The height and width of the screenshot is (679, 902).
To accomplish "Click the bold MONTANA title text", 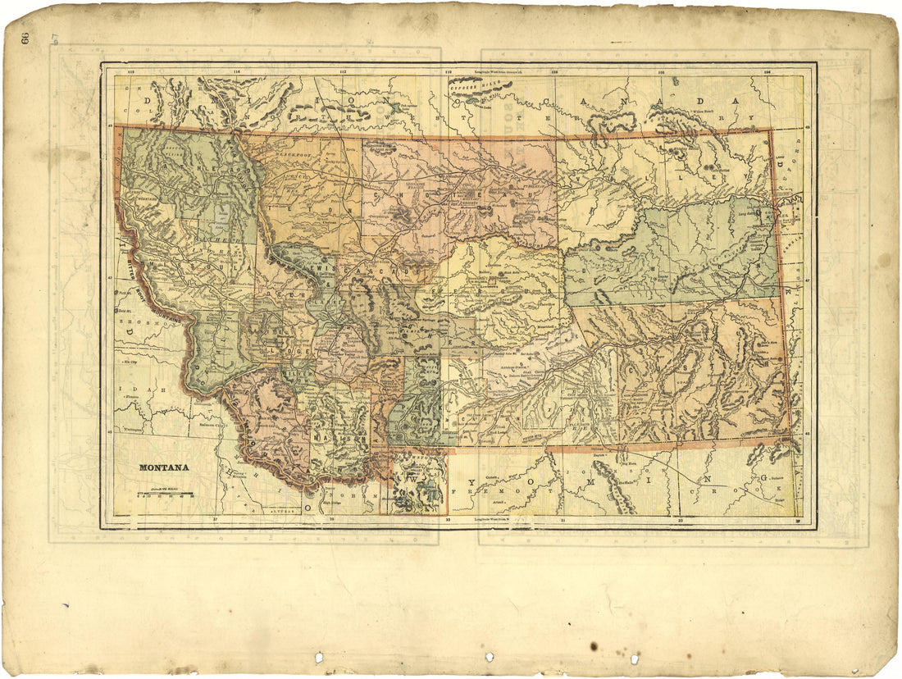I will pyautogui.click(x=164, y=467).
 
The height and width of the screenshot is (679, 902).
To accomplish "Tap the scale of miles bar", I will pyautogui.click(x=165, y=494).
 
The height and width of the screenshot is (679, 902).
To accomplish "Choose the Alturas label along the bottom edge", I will pyautogui.click(x=283, y=509).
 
